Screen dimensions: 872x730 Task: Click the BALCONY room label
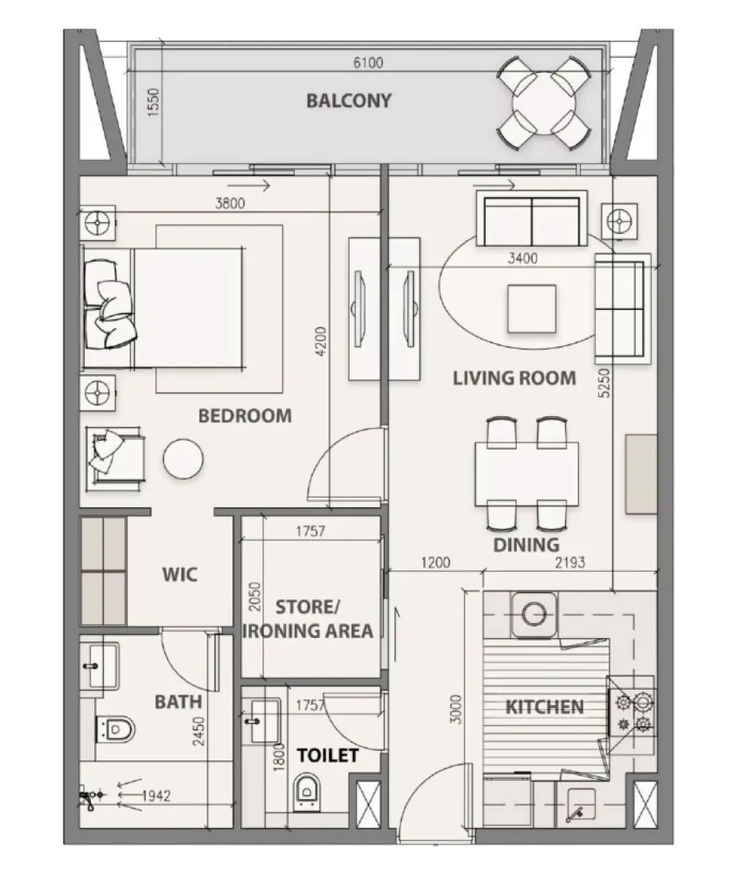(x=349, y=101)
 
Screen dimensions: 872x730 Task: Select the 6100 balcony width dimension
(x=367, y=63)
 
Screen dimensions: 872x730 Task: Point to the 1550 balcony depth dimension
(x=155, y=104)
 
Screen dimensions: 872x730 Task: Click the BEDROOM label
(x=245, y=415)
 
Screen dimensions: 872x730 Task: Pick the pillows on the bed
(x=109, y=304)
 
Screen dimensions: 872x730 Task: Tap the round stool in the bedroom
(x=183, y=459)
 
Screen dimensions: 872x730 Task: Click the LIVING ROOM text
(x=514, y=378)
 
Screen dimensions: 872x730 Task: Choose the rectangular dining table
(x=526, y=473)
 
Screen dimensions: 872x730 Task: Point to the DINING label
(x=526, y=545)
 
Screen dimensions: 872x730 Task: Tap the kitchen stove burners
(x=633, y=712)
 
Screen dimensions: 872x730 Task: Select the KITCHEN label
(x=545, y=706)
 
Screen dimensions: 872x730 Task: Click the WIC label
(x=180, y=575)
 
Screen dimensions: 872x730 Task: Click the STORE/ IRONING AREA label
(x=308, y=619)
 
